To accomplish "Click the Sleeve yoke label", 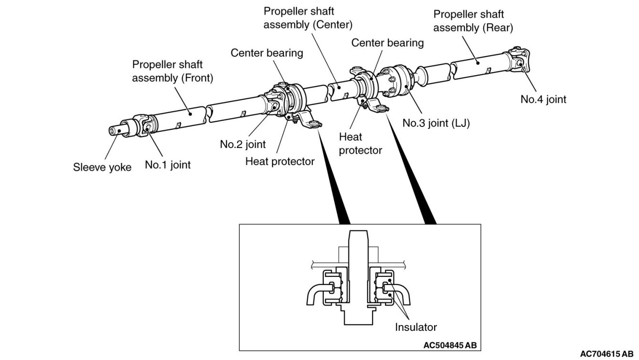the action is coord(102,167).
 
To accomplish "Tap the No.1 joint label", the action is coord(168,165).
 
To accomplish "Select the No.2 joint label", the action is coord(243,144).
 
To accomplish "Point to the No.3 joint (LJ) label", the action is coord(436,123).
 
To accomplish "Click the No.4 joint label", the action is coord(543,99).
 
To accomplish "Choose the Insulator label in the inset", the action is coord(416,327).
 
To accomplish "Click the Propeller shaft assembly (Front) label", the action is coord(172,71).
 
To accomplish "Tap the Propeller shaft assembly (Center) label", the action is coord(308,18).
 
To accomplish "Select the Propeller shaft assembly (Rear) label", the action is coord(473,21).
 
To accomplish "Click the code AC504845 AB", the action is coord(450,345).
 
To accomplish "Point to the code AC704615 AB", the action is coord(607,354).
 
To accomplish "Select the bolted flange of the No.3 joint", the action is coord(395,81).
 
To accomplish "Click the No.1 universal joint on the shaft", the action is coord(146,126).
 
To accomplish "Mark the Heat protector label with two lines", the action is coord(360,144).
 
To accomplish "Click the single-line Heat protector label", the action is coord(280,161).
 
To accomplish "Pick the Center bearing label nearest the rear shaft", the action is coord(387,43).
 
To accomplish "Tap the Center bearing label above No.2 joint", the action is coord(266,53).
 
